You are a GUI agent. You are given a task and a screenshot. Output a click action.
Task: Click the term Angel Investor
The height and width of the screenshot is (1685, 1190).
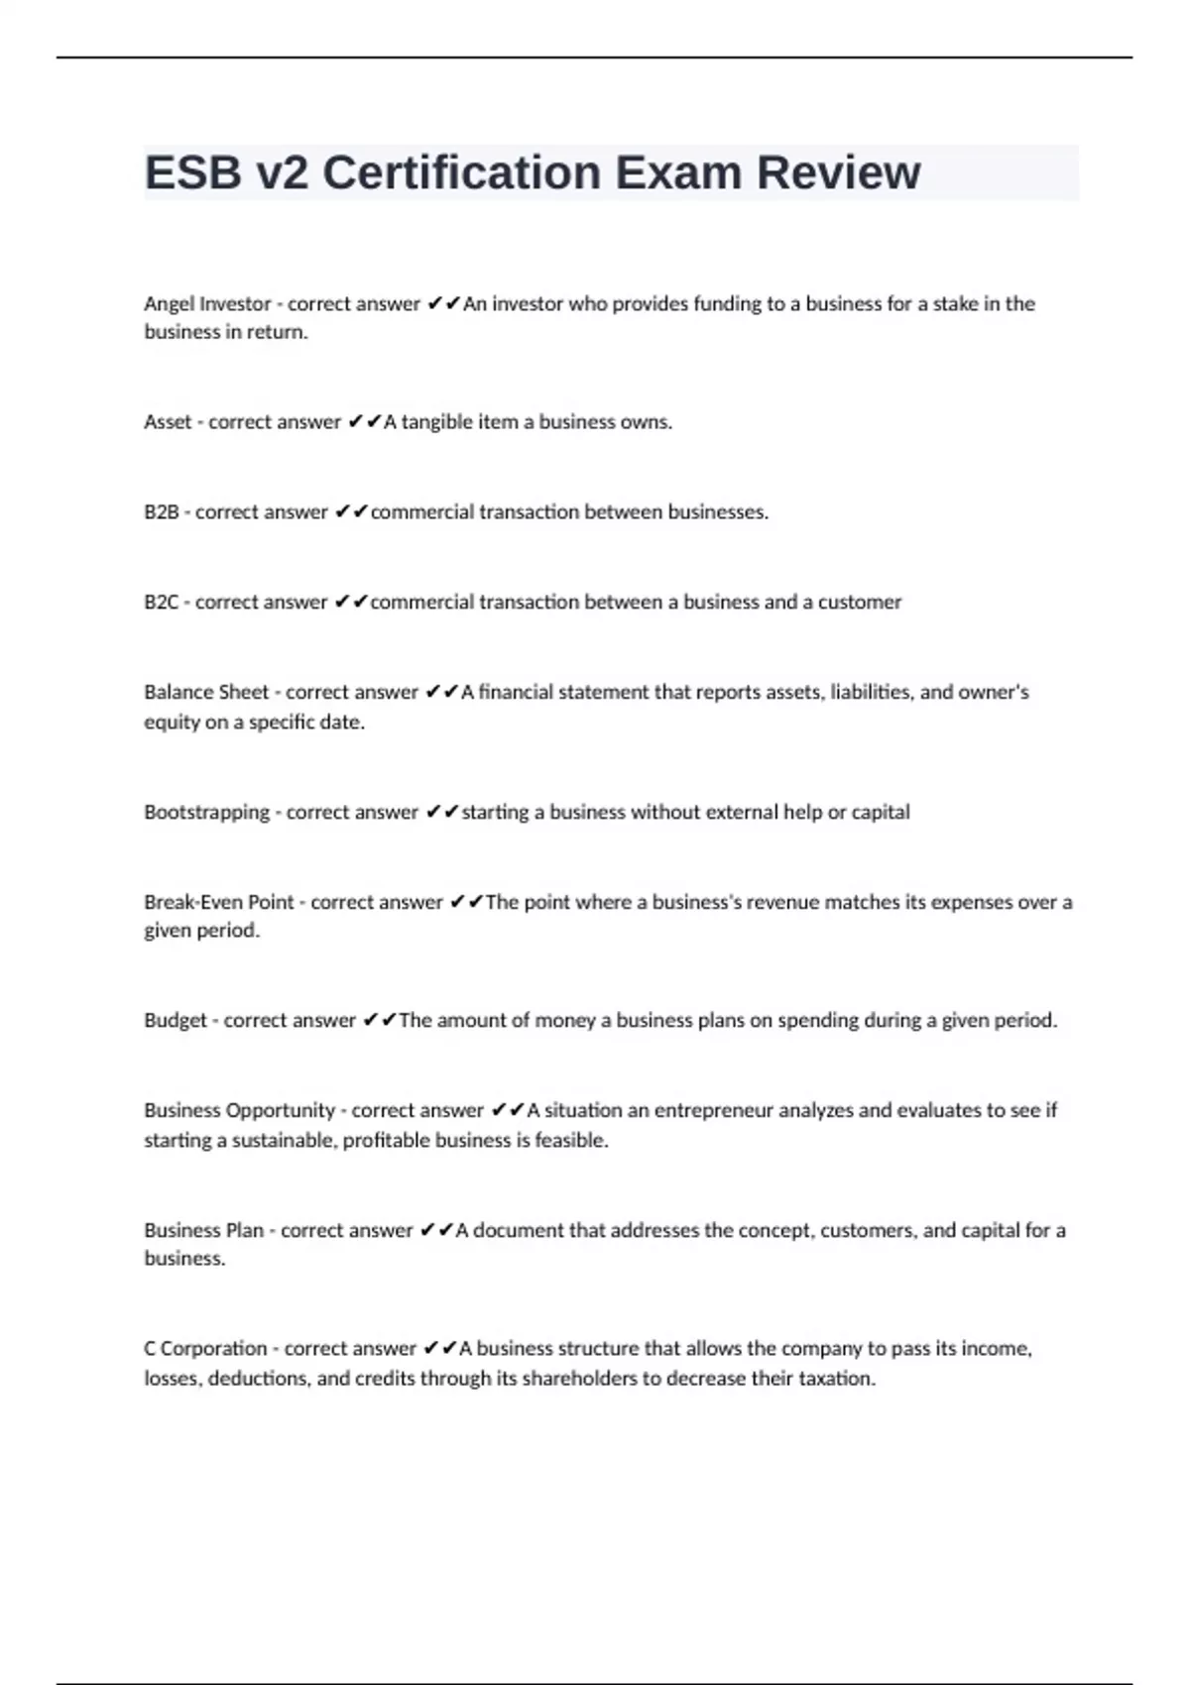pos(207,304)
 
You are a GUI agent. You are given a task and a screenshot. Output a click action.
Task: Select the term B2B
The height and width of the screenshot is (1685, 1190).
pos(161,512)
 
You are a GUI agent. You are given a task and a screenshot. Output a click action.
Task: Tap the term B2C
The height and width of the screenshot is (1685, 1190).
pos(161,603)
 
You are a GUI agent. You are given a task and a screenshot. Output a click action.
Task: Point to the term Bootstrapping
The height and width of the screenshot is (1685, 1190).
pos(206,813)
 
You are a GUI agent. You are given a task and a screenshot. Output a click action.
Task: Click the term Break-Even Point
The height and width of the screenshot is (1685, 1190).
pos(219,903)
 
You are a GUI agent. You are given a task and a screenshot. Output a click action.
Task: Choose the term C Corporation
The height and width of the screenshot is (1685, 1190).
pos(205,1349)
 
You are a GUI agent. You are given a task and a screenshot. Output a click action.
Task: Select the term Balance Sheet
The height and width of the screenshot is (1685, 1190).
pos(206,693)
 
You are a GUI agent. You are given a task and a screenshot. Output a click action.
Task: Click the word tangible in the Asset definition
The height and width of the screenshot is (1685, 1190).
pos(436,422)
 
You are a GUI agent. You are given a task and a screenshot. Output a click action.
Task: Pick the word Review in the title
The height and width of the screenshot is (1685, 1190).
pos(839,173)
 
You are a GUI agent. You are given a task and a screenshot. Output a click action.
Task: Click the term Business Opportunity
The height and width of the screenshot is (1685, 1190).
pos(239,1111)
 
